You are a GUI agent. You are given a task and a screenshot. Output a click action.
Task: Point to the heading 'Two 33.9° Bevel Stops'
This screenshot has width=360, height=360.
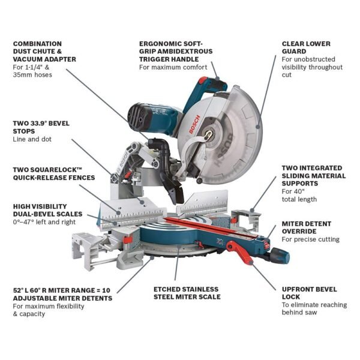click(41, 127)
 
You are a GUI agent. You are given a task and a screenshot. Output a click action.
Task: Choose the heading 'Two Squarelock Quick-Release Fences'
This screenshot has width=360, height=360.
click(54, 173)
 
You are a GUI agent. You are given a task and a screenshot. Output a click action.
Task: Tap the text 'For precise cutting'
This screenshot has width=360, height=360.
click(310, 239)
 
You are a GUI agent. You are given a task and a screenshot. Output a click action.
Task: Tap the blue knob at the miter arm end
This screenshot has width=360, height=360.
click(281, 257)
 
